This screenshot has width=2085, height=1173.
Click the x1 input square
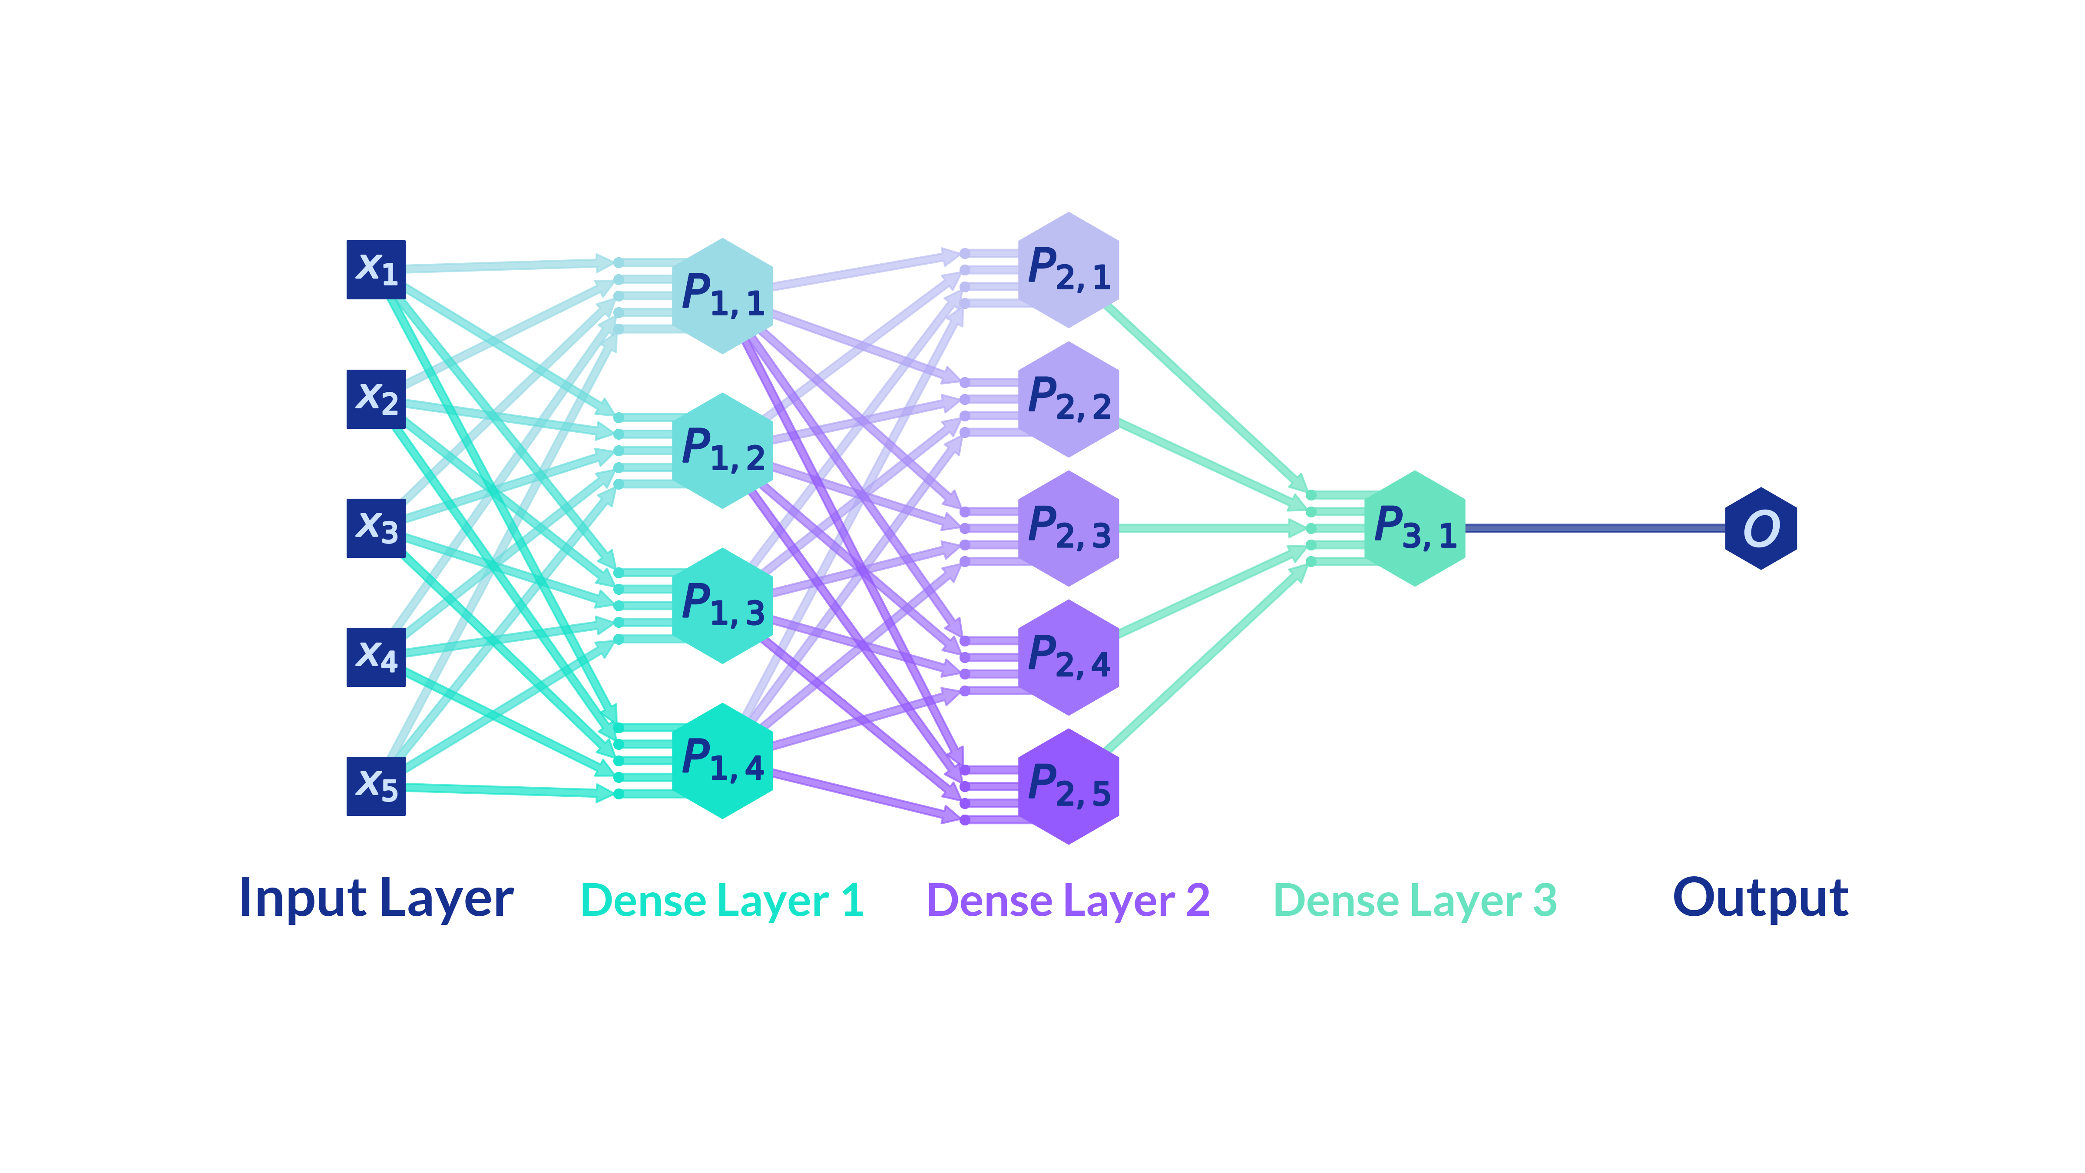(376, 269)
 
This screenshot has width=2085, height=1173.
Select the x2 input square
(376, 399)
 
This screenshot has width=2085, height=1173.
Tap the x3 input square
(376, 528)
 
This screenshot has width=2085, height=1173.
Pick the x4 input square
(376, 656)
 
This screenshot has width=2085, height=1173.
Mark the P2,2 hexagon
(1069, 399)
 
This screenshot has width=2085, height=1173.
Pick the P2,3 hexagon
(1069, 528)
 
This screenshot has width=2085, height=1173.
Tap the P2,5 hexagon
(1069, 786)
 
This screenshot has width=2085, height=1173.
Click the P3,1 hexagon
(1415, 528)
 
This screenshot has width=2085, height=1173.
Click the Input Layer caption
(376, 898)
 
